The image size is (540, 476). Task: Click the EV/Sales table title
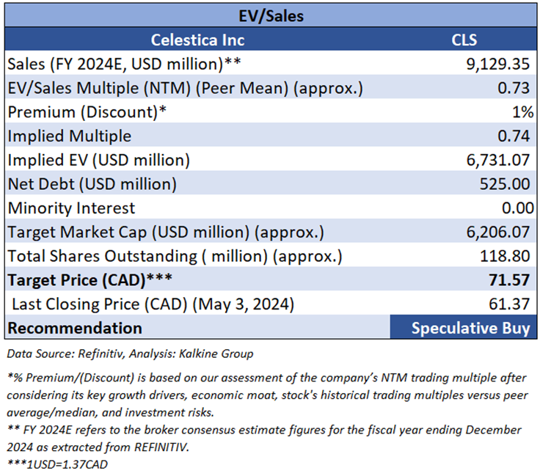click(271, 14)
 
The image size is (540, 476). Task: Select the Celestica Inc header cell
click(197, 40)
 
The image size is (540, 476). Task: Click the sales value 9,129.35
click(496, 64)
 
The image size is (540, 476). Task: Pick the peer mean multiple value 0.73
click(514, 88)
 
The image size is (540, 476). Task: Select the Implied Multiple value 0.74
click(514, 136)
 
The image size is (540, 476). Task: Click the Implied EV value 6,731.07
click(496, 160)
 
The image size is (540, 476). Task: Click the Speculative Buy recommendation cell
click(470, 328)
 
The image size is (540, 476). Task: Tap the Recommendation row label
click(75, 328)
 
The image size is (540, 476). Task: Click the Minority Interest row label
click(71, 208)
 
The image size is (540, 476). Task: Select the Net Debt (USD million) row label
click(92, 184)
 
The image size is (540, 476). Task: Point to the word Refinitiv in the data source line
click(93, 354)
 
